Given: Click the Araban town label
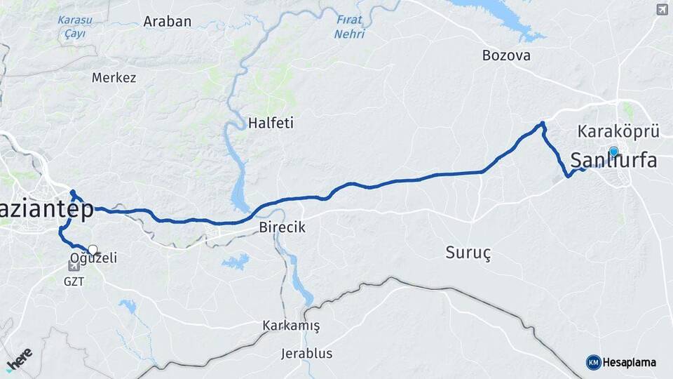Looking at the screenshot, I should tap(167, 21).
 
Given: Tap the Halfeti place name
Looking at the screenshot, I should tap(271, 124).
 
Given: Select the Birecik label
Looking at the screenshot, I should tap(282, 227).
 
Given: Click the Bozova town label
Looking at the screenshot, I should tap(506, 55).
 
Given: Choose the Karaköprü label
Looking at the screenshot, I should tap(619, 131).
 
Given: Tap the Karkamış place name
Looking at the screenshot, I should tap(291, 326).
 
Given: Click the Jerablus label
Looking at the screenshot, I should tap(306, 353).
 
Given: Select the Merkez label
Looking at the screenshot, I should tap(114, 78).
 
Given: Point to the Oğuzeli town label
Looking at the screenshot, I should tap(93, 258).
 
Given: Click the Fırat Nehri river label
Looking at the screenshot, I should tap(350, 27).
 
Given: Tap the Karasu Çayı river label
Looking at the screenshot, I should tap(71, 27).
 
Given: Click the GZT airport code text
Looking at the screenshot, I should tap(74, 280).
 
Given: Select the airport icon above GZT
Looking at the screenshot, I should tap(74, 266).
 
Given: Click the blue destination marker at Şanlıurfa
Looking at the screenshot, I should tap(614, 152).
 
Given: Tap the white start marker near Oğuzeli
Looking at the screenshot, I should tap(93, 249).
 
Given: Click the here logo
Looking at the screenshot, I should tap(19, 357).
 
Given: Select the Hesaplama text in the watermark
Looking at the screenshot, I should tap(630, 362).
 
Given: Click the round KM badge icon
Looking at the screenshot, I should tap(593, 362).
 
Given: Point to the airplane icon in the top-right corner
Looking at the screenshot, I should tap(662, 9).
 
